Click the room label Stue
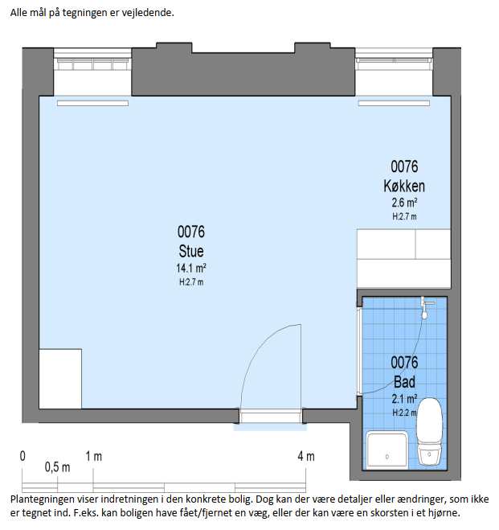coord(191,251)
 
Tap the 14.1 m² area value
coord(191,268)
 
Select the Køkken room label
coord(404,186)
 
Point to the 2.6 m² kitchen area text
coord(404,203)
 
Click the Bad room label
coord(404,382)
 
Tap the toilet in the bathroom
coord(429,432)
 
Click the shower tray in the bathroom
coord(387,450)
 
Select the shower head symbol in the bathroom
coord(425,308)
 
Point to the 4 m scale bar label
coord(306,457)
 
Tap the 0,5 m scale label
coord(57,467)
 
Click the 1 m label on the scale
coord(93,457)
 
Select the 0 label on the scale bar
coord(22,456)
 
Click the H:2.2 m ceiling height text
coord(404,413)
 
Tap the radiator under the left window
coord(92,104)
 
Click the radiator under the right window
coord(394,104)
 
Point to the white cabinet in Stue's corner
coord(60,379)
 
